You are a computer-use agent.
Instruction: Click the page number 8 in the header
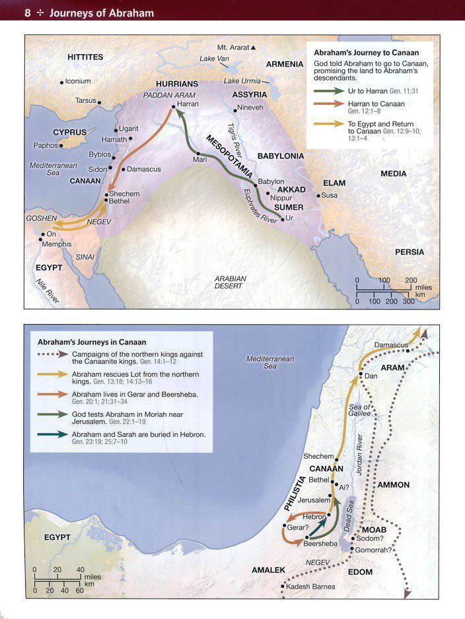27,12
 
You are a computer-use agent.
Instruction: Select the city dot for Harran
173,106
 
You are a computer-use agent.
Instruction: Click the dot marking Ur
282,219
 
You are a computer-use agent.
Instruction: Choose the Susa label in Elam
330,195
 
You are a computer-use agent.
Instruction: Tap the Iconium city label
78,82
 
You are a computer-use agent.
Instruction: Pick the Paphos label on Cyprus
46,145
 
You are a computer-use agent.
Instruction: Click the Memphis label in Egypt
57,244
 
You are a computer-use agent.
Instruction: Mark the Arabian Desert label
230,282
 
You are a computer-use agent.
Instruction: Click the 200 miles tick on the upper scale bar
411,280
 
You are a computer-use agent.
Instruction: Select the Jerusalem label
313,501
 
